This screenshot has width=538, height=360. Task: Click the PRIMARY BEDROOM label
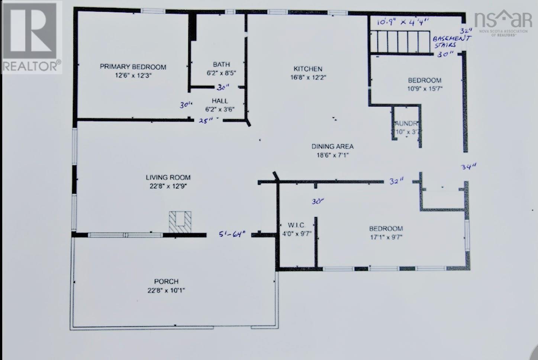tap(133, 67)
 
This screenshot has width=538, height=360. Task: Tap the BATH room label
tap(221, 65)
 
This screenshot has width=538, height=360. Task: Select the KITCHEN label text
tap(308, 69)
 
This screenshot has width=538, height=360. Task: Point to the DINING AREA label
tap(332, 147)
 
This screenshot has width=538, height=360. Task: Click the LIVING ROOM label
tap(168, 178)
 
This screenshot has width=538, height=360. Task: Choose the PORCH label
tap(166, 282)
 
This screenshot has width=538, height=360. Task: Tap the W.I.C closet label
tap(296, 225)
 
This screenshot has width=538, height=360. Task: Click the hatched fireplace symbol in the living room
tap(180, 222)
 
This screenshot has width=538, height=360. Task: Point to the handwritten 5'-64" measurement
tap(232, 234)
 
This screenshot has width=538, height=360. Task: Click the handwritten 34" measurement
tap(468, 167)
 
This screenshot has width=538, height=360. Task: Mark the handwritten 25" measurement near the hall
tap(206, 120)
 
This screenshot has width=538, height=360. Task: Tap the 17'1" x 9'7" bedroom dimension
tap(386, 237)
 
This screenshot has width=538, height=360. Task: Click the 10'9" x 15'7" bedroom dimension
tap(425, 89)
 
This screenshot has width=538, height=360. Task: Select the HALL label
tap(220, 101)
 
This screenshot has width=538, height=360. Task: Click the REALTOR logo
tap(31, 37)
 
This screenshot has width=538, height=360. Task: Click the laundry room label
tap(407, 124)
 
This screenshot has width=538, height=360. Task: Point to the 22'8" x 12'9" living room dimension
tap(168, 186)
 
